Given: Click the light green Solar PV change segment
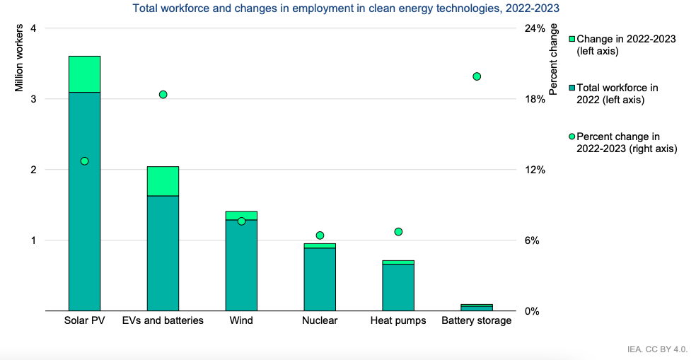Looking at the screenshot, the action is pos(84,74).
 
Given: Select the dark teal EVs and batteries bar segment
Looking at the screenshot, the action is pos(163,253).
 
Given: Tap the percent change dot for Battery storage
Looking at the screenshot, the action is pos(477,76).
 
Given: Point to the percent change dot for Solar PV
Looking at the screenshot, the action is pos(84,161).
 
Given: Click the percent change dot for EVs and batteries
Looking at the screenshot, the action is pos(163,95).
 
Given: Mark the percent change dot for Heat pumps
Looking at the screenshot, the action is pos(398,232).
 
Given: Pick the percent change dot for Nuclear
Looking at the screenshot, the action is pos(320,236).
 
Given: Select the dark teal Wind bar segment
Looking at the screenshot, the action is pos(241,265).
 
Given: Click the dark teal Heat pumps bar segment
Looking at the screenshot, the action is pos(398,288).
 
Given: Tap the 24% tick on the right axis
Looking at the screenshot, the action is pos(535,28).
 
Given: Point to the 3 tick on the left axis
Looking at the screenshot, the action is pos(33,99).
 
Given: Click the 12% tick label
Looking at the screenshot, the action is pos(535,170).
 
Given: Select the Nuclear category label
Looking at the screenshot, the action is pos(320,320).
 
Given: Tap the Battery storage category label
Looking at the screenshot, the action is pos(476,320).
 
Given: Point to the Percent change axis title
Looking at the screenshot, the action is pos(553,59).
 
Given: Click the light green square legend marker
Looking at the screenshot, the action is pos(572,39).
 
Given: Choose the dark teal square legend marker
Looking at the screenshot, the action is pos(572,88).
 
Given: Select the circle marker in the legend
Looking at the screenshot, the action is pos(572,137).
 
